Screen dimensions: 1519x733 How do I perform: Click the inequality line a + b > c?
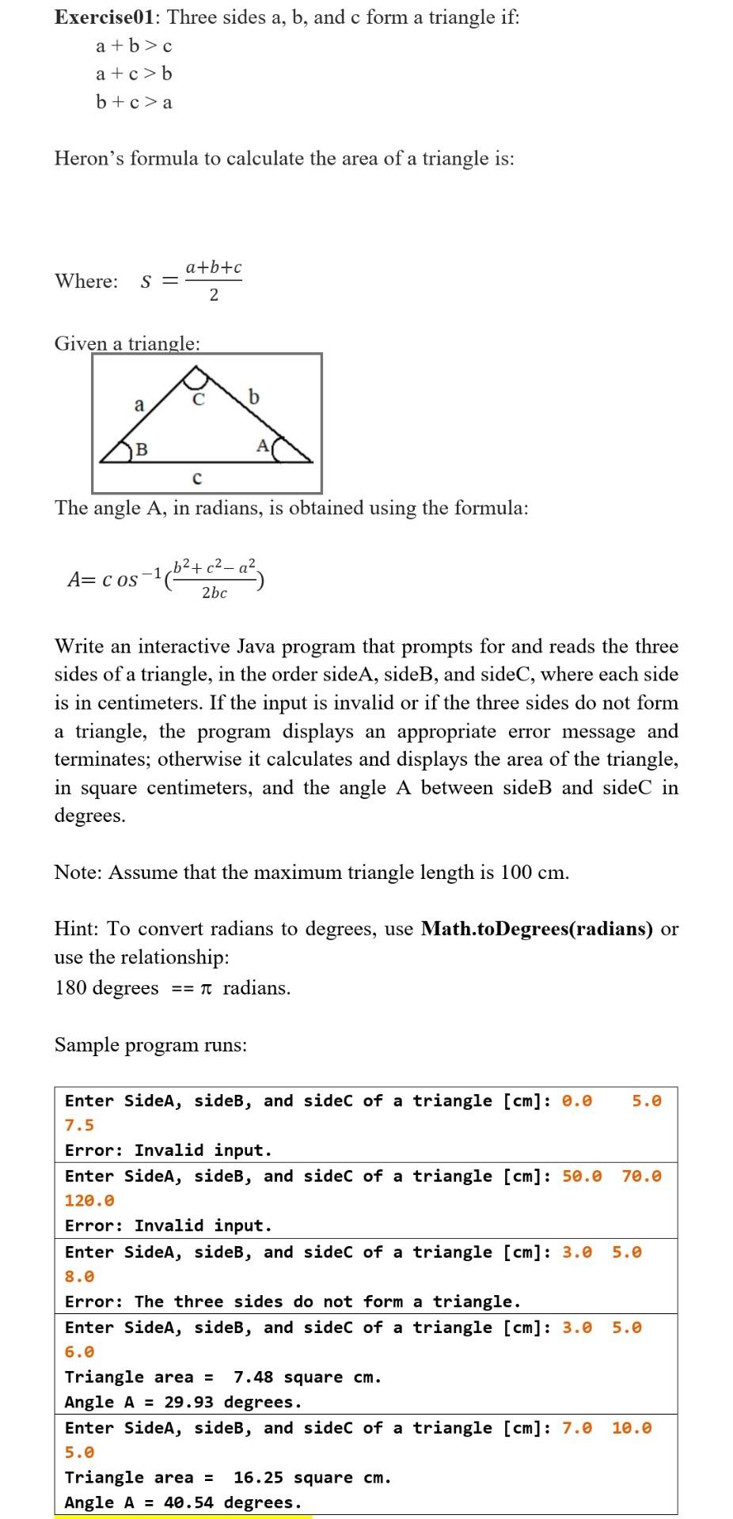coord(134,46)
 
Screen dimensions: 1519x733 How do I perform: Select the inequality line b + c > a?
coord(134,102)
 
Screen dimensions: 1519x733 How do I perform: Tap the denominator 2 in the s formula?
coord(214,295)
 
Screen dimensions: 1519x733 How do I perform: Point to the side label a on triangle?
coord(139,405)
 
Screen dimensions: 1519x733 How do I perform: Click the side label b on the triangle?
coord(253,396)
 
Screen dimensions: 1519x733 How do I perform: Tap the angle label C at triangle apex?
coord(199,400)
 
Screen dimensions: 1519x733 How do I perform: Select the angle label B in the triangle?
coord(141,449)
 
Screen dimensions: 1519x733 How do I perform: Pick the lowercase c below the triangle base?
coord(197,479)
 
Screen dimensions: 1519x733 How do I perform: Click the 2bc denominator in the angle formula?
coord(214,593)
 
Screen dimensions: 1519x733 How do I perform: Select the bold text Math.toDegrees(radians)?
coord(537,929)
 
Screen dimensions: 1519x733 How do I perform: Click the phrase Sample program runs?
coord(150,1045)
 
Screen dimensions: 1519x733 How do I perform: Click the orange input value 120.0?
coord(89,1200)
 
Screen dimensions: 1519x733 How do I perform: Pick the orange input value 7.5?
coord(79,1125)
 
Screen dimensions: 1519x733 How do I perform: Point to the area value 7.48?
coord(253,1377)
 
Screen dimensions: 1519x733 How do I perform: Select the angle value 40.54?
coord(188,1502)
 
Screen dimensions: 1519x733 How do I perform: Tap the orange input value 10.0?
coord(632,1428)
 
